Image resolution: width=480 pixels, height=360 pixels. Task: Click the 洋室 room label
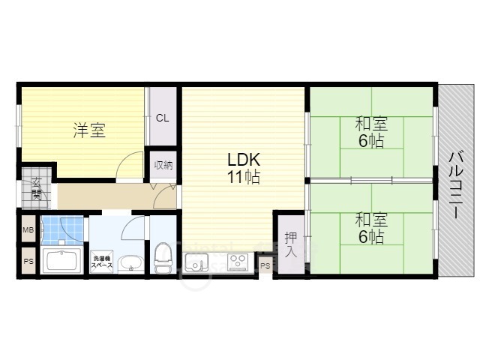(x=88, y=130)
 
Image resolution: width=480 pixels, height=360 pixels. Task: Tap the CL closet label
(x=163, y=118)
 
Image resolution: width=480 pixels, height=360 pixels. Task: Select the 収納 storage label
(x=163, y=165)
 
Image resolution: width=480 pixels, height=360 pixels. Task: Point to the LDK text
(x=244, y=160)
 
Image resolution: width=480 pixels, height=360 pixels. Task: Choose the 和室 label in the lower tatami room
(x=370, y=220)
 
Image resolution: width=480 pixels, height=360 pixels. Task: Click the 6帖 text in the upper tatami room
(x=371, y=141)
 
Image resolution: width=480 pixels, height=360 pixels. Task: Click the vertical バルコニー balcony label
(x=454, y=184)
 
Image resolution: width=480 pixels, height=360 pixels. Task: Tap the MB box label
(x=28, y=230)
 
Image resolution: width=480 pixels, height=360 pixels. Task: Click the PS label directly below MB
(x=28, y=262)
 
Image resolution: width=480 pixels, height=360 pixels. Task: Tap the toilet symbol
(x=162, y=259)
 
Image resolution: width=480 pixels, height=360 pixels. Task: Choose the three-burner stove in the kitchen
(x=238, y=262)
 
